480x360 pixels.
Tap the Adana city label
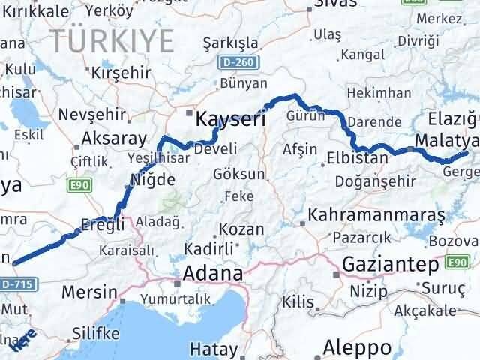coord(213,274)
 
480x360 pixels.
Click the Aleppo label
coord(357,347)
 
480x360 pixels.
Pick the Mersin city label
coord(90,291)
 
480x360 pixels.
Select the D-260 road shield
coord(238,60)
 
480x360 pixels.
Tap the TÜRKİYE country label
coord(112,40)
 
